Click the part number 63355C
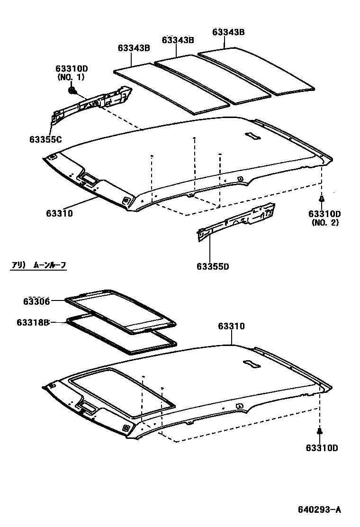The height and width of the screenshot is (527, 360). pos(45,139)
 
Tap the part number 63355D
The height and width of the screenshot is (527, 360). pos(213,266)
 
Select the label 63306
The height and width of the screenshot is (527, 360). pos(36,301)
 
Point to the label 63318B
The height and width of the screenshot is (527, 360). pos(33,322)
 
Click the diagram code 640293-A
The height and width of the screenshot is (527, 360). pos(319,510)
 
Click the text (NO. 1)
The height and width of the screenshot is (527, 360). pos(71,77)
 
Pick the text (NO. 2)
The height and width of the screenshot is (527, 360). pos(325,222)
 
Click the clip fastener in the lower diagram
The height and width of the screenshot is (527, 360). pos(319,431)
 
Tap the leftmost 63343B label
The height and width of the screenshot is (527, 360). pos(134,48)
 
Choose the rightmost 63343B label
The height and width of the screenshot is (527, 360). pos(228,32)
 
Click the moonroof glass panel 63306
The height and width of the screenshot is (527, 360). pos(121,310)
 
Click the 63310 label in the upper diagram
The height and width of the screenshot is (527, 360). pos(59,213)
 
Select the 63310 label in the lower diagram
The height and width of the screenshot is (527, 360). pos(231,326)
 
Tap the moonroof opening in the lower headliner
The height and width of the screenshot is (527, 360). pos(121,391)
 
